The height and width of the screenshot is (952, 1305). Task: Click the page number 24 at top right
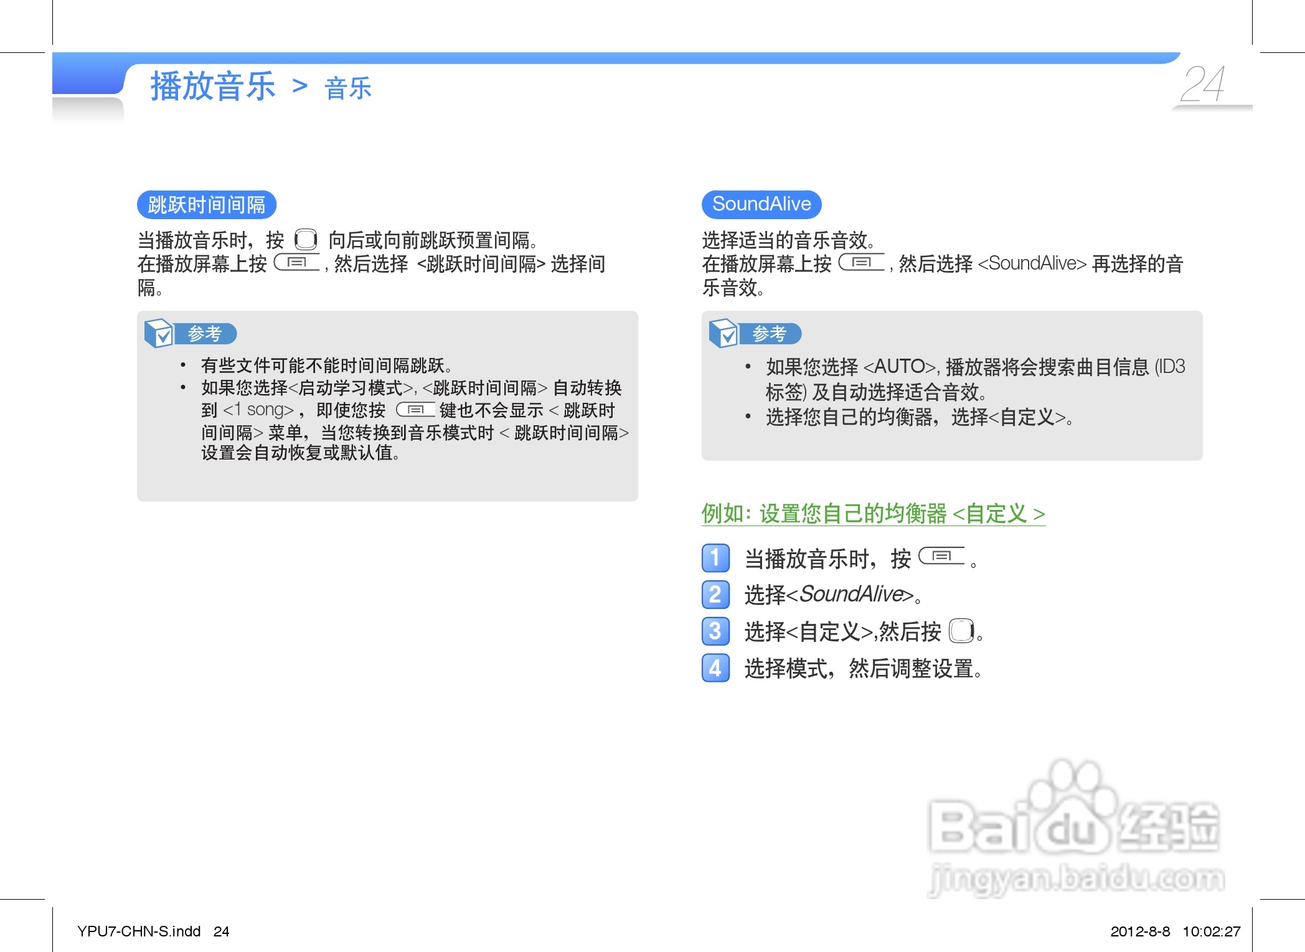coord(1203,84)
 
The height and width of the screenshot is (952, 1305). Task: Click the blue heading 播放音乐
coord(213,86)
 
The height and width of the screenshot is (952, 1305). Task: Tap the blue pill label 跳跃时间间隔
coord(207,205)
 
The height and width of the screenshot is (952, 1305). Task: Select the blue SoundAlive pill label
coord(761,204)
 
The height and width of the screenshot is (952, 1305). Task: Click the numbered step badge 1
coord(715,558)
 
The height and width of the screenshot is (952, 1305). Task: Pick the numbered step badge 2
coord(715,595)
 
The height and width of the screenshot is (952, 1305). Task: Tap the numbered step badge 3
coord(715,631)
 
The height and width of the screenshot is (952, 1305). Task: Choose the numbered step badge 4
coord(715,668)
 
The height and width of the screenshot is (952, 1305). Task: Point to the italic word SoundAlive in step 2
coord(851,594)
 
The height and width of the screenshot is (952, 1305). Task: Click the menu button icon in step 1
coord(941,555)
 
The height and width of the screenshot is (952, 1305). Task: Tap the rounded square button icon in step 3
coord(961,631)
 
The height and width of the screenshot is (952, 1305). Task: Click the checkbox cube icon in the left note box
coord(159,333)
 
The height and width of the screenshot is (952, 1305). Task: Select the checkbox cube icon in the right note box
coord(723,333)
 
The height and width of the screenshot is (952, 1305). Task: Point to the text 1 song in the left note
coord(258,410)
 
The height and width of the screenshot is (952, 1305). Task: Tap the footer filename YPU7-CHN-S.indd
coord(139,931)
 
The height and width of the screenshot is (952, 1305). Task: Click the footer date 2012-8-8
coord(1140,931)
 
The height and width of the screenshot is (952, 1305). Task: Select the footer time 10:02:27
coord(1212,931)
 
